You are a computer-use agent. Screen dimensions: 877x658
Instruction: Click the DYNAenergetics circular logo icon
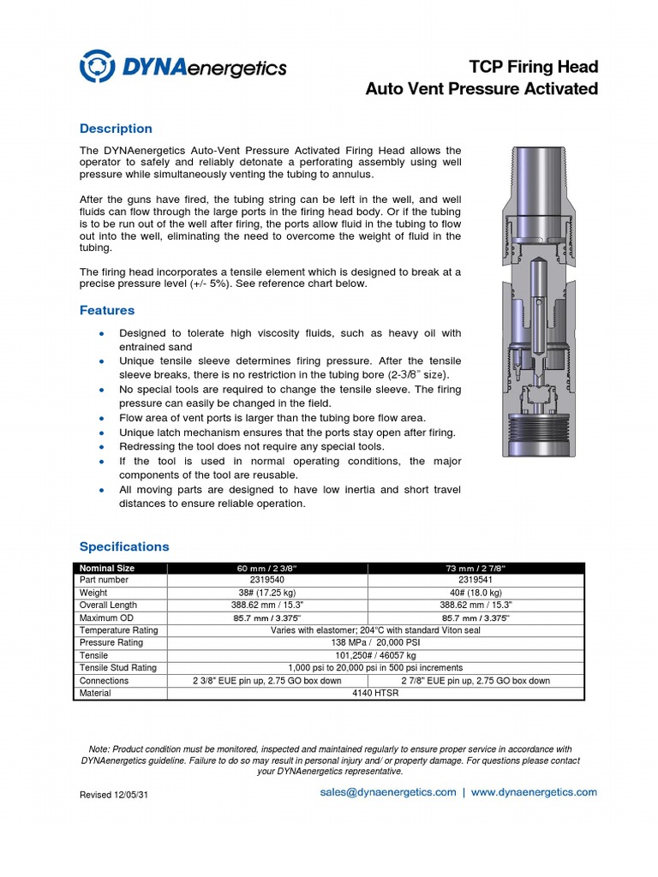[97, 67]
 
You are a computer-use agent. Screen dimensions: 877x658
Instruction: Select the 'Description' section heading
[116, 128]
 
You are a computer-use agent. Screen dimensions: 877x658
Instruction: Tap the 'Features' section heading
[107, 310]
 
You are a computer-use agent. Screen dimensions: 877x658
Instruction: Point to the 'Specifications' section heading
[124, 546]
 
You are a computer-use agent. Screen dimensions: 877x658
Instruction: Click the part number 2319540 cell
[267, 580]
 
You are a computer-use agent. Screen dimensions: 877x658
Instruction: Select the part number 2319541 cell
[476, 580]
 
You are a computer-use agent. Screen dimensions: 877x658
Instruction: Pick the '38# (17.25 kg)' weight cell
[267, 593]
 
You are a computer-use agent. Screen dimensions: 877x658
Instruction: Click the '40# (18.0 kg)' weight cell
[476, 593]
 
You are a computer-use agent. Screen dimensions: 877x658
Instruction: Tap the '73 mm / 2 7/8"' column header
[476, 568]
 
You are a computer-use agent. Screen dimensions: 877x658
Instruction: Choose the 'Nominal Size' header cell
[107, 568]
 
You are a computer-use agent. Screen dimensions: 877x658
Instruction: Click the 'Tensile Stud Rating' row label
[118, 667]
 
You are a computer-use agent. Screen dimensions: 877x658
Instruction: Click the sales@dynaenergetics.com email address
[388, 792]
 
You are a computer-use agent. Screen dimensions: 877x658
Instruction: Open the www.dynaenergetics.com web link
[534, 792]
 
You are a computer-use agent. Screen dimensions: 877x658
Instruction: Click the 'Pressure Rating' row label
[111, 642]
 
